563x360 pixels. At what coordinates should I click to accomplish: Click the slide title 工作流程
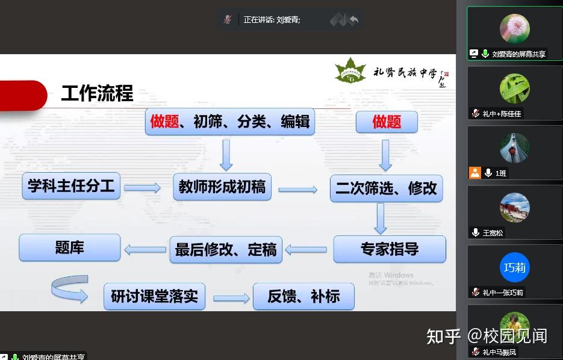point(97,94)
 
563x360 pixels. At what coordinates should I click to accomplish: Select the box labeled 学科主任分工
point(71,185)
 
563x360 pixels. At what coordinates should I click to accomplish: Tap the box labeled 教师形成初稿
point(222,187)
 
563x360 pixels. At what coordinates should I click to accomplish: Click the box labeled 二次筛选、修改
point(386,188)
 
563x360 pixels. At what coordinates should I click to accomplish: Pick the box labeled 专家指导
point(389,249)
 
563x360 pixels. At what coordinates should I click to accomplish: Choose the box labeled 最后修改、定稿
point(226,249)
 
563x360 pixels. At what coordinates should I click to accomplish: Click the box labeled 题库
point(70,247)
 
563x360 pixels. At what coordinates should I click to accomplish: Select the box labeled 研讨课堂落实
point(154,296)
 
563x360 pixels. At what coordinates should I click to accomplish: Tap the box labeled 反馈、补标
point(303,296)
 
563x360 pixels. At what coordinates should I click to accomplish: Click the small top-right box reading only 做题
point(387,122)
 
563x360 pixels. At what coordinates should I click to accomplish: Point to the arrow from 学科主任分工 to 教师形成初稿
point(143,188)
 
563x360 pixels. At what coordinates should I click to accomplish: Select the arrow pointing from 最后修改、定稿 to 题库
point(145,249)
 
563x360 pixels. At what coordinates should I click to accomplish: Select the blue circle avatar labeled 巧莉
point(514,267)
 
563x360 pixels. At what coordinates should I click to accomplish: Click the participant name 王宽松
point(493,232)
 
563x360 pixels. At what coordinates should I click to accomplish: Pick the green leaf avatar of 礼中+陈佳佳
point(514,88)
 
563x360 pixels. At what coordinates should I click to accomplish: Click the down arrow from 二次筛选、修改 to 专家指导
point(380,218)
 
